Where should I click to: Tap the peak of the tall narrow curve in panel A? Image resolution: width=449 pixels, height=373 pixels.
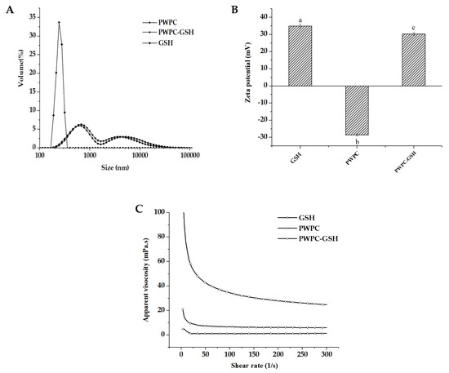(59, 23)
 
